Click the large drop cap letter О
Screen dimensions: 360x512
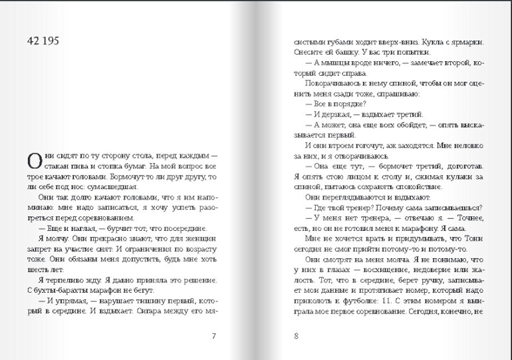(x=34, y=160)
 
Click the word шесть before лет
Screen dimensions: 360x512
(x=39, y=270)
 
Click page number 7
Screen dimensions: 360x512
(x=213, y=335)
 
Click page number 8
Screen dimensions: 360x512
(x=296, y=335)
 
